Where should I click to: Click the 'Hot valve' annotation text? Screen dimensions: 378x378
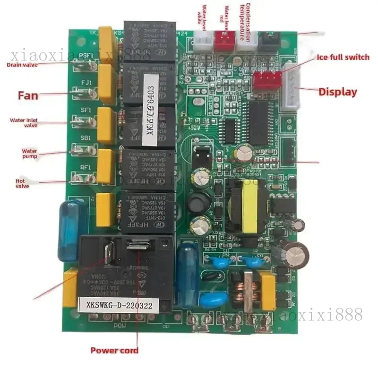22,183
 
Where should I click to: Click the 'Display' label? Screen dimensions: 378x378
337,92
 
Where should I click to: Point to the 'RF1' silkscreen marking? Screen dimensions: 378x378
86,167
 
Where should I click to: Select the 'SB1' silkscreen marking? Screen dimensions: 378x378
86,138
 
